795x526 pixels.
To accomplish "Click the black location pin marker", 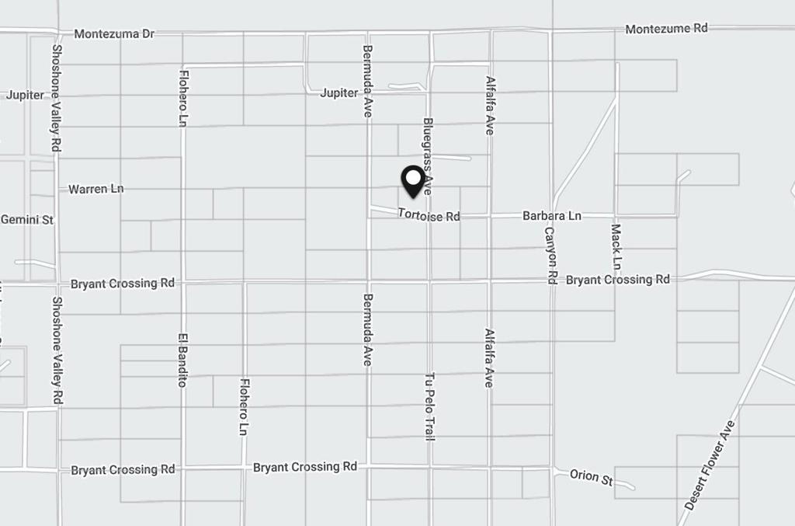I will tap(413, 180).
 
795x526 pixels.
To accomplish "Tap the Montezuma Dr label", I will tap(114, 34).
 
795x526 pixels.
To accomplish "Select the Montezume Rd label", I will tap(666, 29).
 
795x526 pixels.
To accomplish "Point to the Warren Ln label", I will tap(95, 189).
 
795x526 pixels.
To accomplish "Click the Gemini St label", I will tap(27, 220).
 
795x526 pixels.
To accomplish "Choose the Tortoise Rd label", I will tap(429, 215).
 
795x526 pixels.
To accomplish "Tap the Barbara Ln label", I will tap(551, 215).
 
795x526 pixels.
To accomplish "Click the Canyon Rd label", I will tap(551, 255).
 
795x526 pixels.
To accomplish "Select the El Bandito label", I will tap(182, 360).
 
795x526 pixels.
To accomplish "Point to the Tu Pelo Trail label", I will tap(429, 406).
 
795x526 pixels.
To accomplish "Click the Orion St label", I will tap(591, 476).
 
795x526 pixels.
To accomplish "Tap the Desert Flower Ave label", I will tap(710, 465).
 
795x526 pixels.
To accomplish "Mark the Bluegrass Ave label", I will tap(427, 155).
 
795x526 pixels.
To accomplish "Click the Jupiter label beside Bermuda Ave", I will tap(339, 93).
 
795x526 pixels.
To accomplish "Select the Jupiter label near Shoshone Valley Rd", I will tap(25, 95).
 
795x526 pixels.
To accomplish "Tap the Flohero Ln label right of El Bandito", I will tap(244, 406).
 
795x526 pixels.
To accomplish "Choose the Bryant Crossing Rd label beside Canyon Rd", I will tap(617, 280).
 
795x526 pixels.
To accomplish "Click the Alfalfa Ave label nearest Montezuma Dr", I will tap(490, 106).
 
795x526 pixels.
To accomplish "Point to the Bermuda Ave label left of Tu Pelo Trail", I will tap(367, 329).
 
